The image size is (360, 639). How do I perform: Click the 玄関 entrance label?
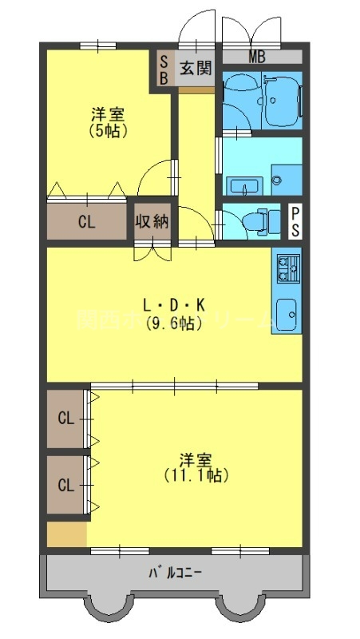(x=196, y=68)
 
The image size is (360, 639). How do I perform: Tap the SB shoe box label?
(x=164, y=69)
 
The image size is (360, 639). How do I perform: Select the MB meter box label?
(x=257, y=57)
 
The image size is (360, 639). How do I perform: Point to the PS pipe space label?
(x=295, y=221)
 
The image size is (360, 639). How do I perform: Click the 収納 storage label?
(x=151, y=221)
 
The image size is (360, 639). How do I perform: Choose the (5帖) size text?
(x=109, y=130)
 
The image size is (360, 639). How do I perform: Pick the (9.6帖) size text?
(x=174, y=323)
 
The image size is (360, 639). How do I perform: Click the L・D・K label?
(x=174, y=304)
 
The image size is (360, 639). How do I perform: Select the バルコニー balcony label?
(x=175, y=573)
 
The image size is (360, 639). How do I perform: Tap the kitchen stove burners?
(x=287, y=268)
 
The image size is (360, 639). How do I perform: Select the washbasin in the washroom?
(x=241, y=186)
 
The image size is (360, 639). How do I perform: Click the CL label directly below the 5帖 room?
(x=86, y=222)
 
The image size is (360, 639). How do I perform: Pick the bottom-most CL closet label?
(x=65, y=485)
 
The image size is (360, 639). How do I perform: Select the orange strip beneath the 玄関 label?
(x=196, y=89)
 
